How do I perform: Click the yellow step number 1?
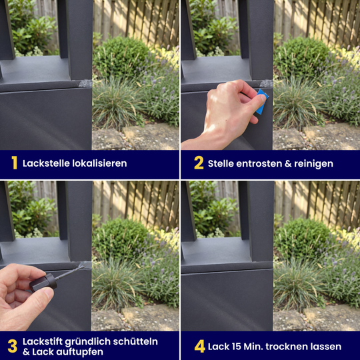coord(15,163)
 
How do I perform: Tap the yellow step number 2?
coord(199,163)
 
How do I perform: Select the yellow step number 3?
coord(13,346)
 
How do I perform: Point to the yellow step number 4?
coord(199,346)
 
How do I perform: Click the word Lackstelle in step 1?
coord(46,163)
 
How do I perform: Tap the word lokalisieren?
coord(99,163)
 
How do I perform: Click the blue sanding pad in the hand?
coord(262,102)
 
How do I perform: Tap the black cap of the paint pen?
coord(43,282)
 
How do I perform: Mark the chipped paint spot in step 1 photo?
coord(85,83)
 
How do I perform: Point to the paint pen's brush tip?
coord(81,266)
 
